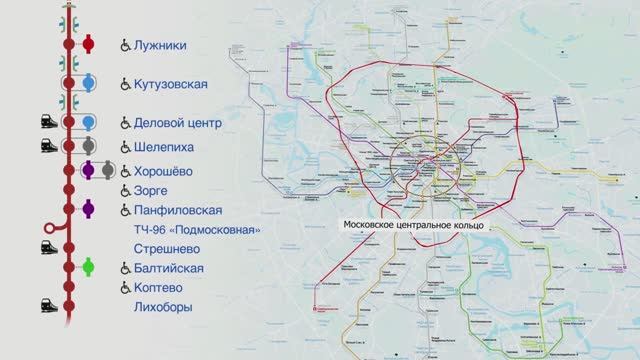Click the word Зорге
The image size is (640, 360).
(150, 190)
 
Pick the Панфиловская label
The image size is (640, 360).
(177, 210)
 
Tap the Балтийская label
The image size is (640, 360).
(168, 268)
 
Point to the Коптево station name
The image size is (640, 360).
(158, 287)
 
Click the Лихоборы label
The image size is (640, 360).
(162, 307)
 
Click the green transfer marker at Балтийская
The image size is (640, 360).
(88, 267)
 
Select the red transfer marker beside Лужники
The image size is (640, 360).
(88, 44)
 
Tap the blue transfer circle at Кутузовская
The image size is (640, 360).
(88, 83)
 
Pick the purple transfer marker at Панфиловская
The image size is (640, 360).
(88, 208)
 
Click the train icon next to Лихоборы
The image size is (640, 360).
(47, 305)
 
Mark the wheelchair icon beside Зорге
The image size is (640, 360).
(126, 190)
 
